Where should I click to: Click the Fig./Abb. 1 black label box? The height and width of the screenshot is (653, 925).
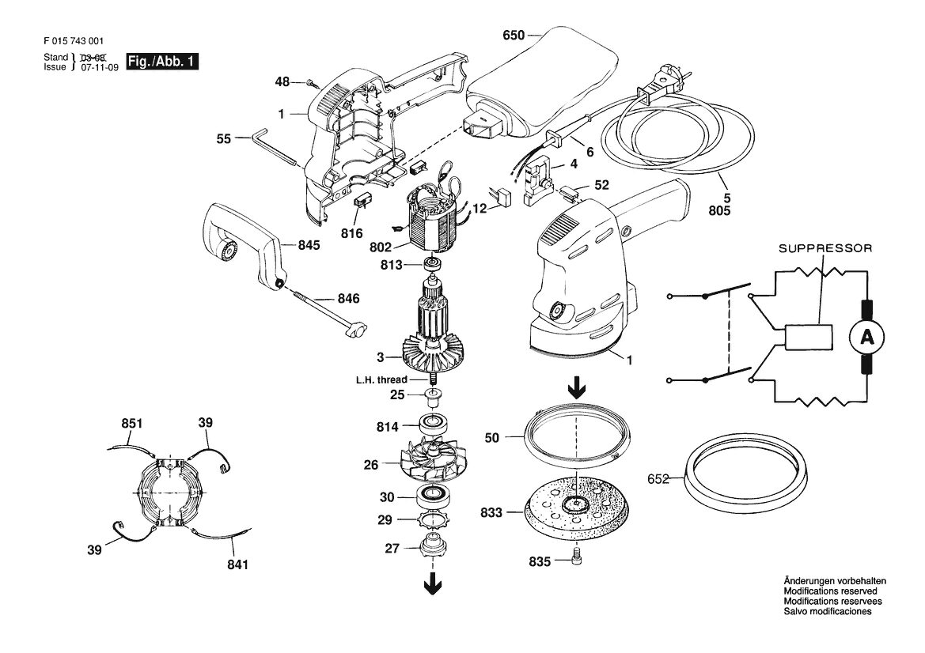[163, 62]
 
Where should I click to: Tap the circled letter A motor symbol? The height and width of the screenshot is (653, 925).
[866, 337]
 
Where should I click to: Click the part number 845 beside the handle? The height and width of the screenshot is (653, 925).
[309, 244]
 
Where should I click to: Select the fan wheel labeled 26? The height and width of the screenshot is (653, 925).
[432, 462]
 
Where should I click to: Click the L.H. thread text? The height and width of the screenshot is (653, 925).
[381, 379]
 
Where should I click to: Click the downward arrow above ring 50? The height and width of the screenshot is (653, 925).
[576, 388]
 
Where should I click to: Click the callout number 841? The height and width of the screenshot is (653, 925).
[237, 564]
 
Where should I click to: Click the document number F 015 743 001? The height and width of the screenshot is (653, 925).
[74, 41]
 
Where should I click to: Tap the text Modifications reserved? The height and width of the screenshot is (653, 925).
[830, 591]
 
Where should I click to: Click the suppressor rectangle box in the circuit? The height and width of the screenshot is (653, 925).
[808, 338]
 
